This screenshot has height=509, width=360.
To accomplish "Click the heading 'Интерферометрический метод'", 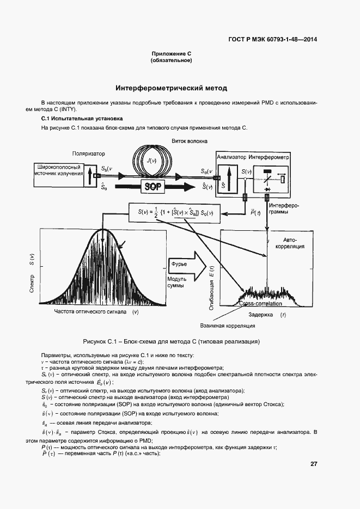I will pyautogui.click(x=171, y=88).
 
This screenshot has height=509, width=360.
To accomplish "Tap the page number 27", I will pyautogui.click(x=314, y=464).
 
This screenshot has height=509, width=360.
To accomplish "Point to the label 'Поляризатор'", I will pyautogui.click(x=88, y=154).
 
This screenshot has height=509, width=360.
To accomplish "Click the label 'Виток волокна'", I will pyautogui.click(x=189, y=140).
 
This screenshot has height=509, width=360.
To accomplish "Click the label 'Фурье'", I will pyautogui.click(x=180, y=264).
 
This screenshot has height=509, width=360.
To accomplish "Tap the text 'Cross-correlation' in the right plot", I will pyautogui.click(x=260, y=304).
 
